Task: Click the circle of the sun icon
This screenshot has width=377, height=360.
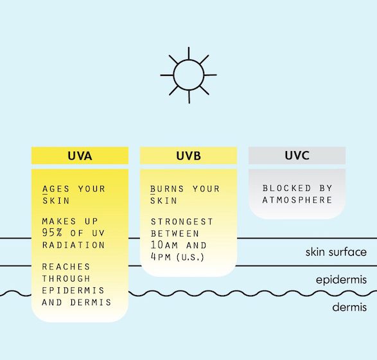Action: pos(189,60)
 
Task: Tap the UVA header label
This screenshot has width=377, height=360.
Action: pos(80,156)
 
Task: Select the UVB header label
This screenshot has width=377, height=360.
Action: pos(189,156)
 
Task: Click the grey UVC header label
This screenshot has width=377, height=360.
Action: pos(297,156)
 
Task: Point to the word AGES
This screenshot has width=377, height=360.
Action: pos(56,189)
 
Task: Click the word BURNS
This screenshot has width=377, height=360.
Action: pos(167,189)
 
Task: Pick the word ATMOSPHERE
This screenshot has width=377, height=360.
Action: pos(297,200)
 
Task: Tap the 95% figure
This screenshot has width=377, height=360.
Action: pos(52,233)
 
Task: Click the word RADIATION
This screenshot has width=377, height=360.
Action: pos(74,245)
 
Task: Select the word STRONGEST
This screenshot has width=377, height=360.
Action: pos(182,222)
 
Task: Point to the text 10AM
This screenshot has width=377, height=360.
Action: pos(164,245)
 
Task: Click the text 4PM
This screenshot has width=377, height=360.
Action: pos(161,256)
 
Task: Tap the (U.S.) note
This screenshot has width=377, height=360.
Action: pos(190,257)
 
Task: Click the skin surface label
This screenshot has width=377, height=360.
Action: pos(336,252)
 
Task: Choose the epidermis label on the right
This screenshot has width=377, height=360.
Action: pos(342,280)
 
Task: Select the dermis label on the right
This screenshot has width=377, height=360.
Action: pos(349,307)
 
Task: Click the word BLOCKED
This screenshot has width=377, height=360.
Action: pos(286,188)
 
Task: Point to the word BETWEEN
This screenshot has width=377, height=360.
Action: pos(175,233)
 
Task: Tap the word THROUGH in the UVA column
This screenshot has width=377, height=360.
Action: pos(66,278)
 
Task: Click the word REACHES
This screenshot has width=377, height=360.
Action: pos(66,267)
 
